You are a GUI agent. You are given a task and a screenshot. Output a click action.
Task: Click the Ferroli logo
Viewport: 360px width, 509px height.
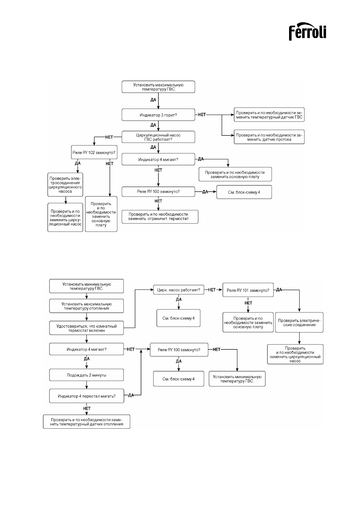pyautogui.click(x=307, y=32)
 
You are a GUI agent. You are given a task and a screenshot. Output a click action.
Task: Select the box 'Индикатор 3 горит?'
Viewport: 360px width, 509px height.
pyautogui.click(x=158, y=115)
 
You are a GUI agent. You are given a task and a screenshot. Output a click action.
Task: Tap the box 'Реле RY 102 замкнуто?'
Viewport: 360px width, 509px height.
pyautogui.click(x=94, y=152)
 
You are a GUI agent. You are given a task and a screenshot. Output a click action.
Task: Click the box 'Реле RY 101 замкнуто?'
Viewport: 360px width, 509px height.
pyautogui.click(x=248, y=290)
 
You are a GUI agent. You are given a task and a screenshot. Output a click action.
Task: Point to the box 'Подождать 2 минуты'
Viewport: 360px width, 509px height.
pyautogui.click(x=86, y=375)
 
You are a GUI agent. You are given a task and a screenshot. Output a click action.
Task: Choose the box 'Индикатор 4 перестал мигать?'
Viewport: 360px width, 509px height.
pyautogui.click(x=87, y=396)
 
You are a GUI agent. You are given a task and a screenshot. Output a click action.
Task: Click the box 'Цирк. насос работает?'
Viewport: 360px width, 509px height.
pyautogui.click(x=178, y=290)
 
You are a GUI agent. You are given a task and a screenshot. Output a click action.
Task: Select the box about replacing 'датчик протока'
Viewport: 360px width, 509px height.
pyautogui.click(x=269, y=137)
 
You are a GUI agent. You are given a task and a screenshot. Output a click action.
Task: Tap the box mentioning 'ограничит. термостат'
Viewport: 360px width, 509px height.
pyautogui.click(x=160, y=216)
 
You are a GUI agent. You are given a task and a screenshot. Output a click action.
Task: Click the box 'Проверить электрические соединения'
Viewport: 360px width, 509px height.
pyautogui.click(x=299, y=322)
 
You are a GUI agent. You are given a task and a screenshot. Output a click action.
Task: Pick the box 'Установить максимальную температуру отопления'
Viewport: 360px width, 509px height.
pyautogui.click(x=86, y=306)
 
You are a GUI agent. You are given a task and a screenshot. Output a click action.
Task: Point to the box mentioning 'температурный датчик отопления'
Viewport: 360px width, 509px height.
pyautogui.click(x=86, y=422)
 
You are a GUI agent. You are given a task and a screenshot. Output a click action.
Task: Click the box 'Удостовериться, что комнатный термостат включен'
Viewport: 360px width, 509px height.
pyautogui.click(x=86, y=328)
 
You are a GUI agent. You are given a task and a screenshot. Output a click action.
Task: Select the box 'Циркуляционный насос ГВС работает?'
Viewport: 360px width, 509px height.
pyautogui.click(x=158, y=137)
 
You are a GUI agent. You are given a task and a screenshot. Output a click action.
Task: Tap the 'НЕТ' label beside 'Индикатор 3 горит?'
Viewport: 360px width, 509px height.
pyautogui.click(x=202, y=115)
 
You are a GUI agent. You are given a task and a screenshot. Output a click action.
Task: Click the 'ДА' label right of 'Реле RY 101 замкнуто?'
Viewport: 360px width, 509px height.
pyautogui.click(x=279, y=290)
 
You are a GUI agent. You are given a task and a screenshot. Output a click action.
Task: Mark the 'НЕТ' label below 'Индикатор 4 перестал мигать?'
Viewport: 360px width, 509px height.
pyautogui.click(x=87, y=408)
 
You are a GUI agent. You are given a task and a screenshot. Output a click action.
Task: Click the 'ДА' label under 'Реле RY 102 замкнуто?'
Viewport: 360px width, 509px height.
pyautogui.click(x=78, y=163)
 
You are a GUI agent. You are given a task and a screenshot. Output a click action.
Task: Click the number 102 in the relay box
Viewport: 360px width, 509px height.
pyautogui.click(x=91, y=152)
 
